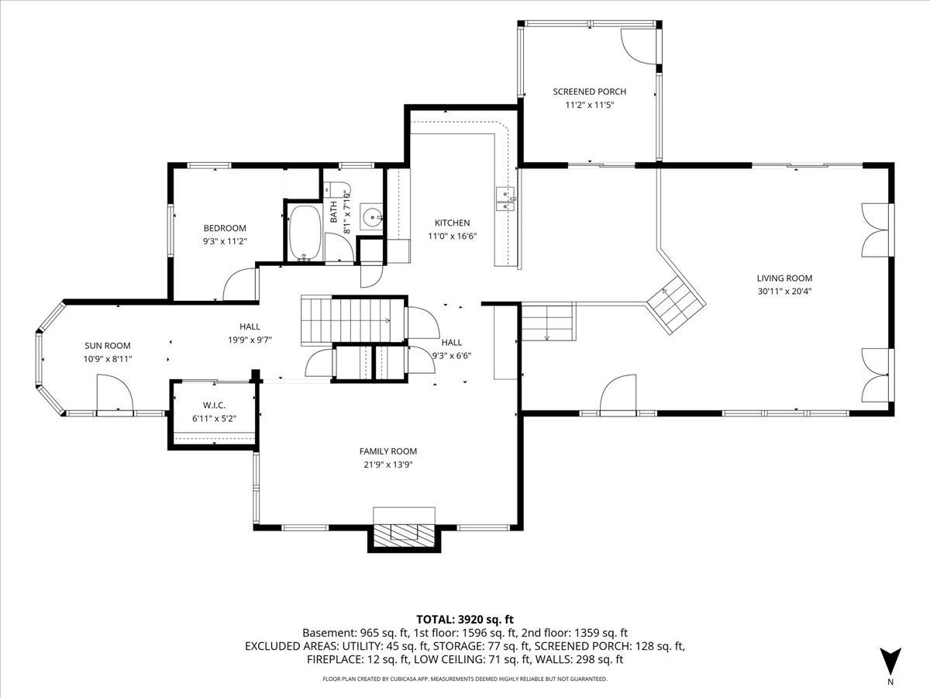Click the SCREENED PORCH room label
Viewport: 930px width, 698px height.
589,92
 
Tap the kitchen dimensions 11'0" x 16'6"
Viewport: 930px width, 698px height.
452,236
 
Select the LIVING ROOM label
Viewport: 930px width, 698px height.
784,278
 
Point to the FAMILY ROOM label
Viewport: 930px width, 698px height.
388,451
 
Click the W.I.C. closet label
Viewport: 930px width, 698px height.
215,406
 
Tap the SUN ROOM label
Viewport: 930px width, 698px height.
108,346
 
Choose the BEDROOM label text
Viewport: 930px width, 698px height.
225,229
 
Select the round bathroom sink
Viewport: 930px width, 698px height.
372,218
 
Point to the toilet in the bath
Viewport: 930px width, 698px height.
336,188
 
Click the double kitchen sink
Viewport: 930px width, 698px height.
505,199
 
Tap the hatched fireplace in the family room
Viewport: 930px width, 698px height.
404,537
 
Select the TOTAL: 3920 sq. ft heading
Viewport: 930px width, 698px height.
465,620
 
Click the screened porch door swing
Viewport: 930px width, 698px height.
639,47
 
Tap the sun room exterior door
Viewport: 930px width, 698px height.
115,393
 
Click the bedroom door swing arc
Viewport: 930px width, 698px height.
239,284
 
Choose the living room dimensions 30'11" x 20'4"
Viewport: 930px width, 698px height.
784,292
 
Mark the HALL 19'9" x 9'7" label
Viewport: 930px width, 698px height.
250,333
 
